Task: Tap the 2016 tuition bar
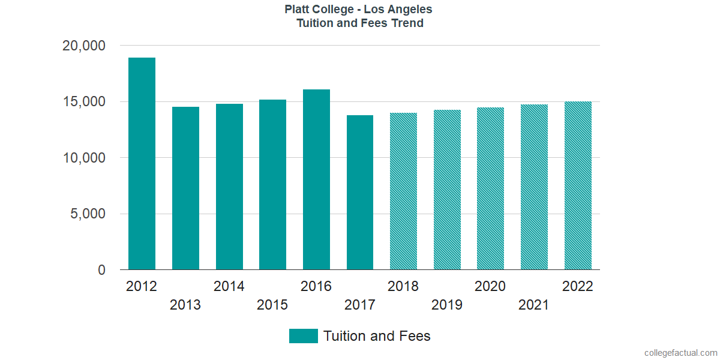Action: [x=316, y=180]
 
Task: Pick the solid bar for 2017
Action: [x=360, y=193]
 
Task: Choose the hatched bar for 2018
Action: [x=403, y=191]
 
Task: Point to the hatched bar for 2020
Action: [x=490, y=188]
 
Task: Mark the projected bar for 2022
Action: [x=578, y=186]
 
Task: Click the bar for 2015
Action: [x=272, y=185]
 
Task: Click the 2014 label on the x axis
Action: [x=229, y=286]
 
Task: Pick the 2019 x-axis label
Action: [x=447, y=305]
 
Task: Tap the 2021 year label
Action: [x=534, y=305]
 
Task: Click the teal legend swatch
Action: [x=303, y=336]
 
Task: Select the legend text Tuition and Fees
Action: [x=377, y=336]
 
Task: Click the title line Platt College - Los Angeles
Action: [x=359, y=10]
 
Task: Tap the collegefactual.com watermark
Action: [x=680, y=353]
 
